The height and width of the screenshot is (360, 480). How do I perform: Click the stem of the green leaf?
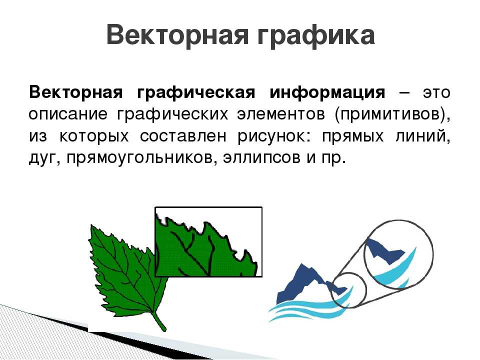159,321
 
